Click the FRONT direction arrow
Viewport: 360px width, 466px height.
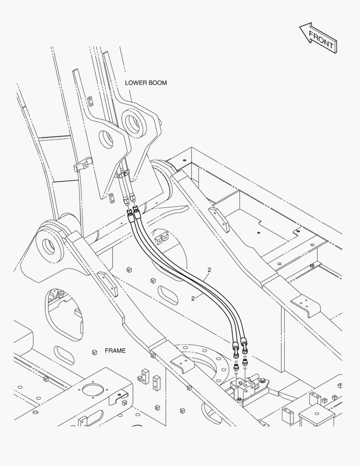pos(319,38)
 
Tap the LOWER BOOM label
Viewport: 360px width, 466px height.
pos(146,82)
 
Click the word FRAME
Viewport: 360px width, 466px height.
pos(115,351)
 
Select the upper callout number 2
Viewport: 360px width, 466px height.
pos(210,270)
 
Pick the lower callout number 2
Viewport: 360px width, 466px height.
pos(193,299)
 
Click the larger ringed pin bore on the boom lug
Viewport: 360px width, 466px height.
pos(133,122)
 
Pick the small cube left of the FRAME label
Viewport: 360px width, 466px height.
pos(94,352)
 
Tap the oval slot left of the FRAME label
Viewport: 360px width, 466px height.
pos(63,355)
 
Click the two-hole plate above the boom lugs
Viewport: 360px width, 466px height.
pos(91,101)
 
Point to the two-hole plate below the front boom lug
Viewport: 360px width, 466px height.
pos(111,198)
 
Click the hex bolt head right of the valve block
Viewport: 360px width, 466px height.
pos(263,380)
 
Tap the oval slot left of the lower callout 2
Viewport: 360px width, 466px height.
pos(168,295)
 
